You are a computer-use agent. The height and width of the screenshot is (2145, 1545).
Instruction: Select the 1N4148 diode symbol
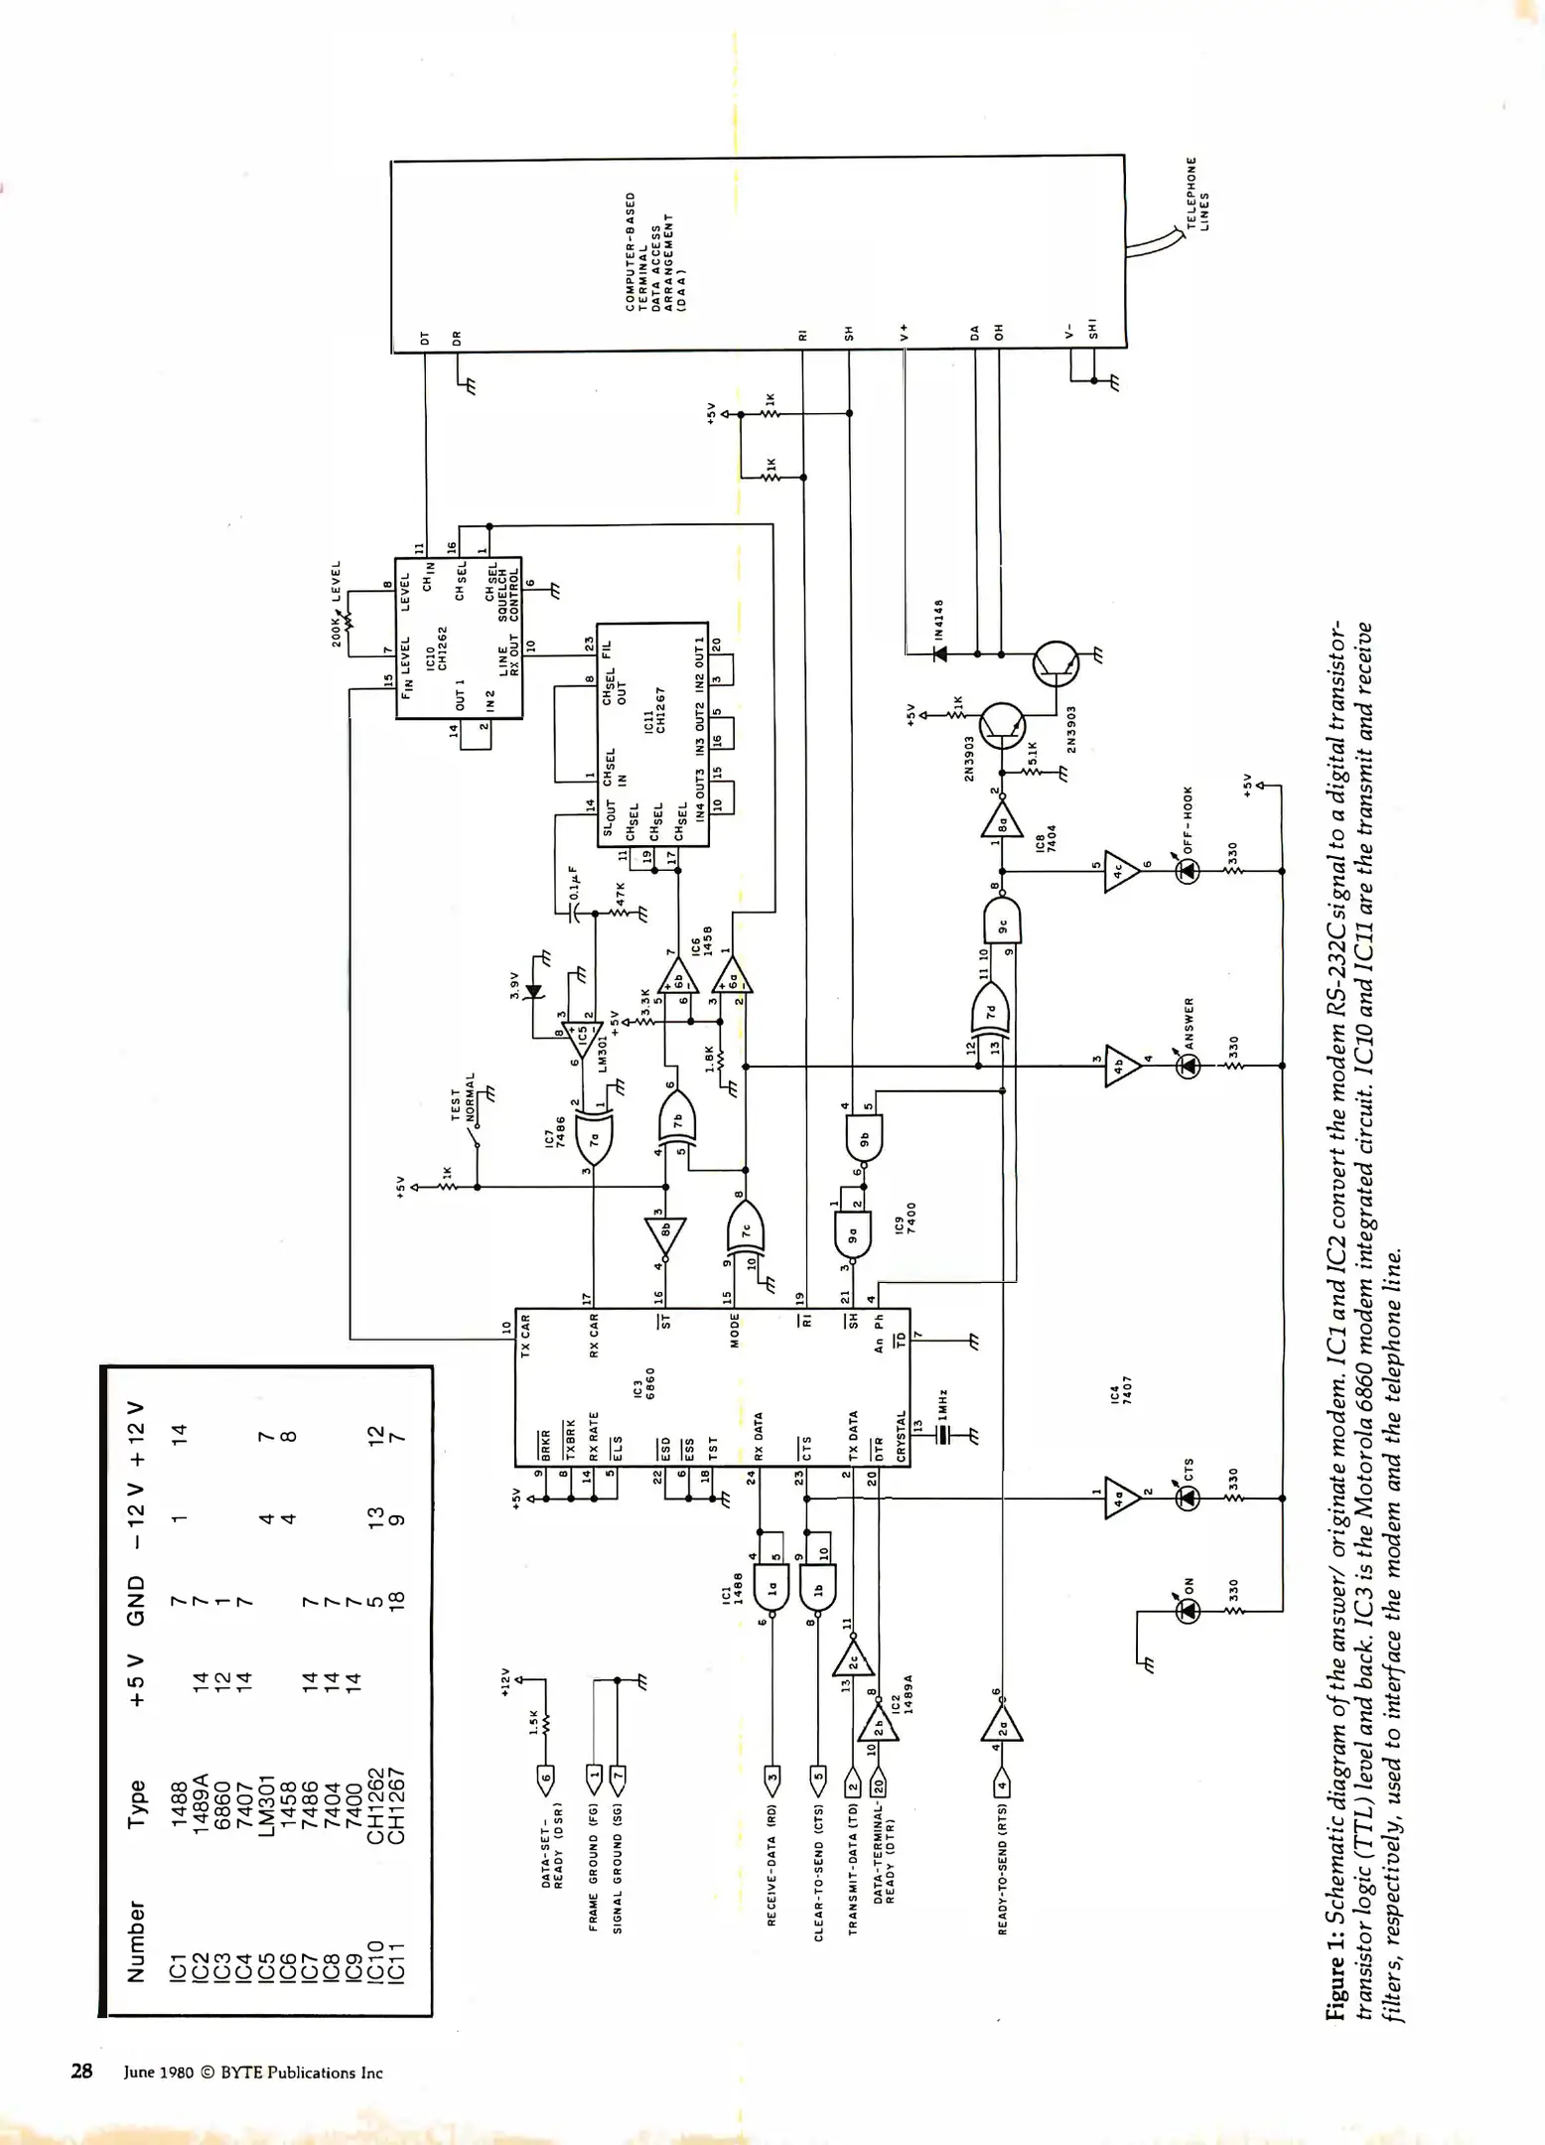939,653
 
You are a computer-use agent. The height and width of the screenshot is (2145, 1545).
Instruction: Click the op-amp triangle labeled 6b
679,979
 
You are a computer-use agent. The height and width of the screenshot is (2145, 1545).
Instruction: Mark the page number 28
81,2071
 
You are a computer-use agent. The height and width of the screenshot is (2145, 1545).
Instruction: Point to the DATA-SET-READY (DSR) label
553,1845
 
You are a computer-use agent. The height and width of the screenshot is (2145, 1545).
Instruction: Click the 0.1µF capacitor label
573,883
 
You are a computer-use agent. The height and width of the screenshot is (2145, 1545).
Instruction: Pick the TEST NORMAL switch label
463,1095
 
